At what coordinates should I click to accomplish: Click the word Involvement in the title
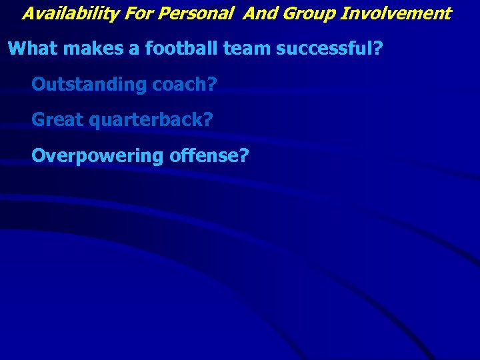tap(396, 13)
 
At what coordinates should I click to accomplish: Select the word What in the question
tap(29, 49)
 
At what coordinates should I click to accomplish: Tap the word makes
tap(83, 49)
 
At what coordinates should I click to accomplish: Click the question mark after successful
tap(377, 49)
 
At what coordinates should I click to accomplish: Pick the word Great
tap(55, 120)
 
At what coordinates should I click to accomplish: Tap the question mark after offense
tap(244, 156)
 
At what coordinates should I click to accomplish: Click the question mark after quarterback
tap(208, 120)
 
